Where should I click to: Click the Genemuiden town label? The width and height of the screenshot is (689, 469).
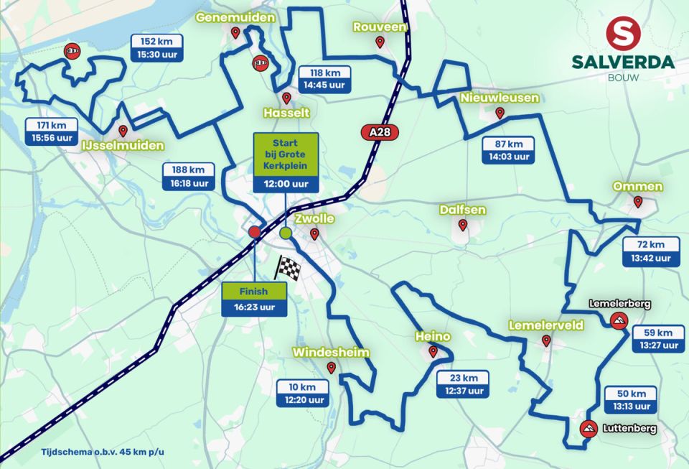pos(234,17)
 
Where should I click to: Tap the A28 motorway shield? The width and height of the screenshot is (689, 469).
pos(378,132)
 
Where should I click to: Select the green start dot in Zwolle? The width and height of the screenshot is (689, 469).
pos(286,233)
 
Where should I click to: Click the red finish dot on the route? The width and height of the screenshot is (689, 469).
pos(254,232)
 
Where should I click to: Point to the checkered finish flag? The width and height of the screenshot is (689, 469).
pos(287,267)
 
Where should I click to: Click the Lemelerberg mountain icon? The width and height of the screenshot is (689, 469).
pos(616,320)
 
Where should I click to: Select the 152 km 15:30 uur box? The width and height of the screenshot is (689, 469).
pos(156,47)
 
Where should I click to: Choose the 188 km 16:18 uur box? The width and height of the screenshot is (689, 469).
pos(188,176)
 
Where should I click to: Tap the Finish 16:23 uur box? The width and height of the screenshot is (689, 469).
pos(254,299)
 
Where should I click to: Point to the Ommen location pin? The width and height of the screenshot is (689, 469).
pos(637,202)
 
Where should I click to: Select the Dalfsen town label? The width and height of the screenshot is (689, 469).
pos(462,210)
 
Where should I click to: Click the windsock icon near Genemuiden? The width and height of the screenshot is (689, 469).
pos(260,64)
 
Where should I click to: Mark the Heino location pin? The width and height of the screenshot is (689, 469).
pos(433,351)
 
